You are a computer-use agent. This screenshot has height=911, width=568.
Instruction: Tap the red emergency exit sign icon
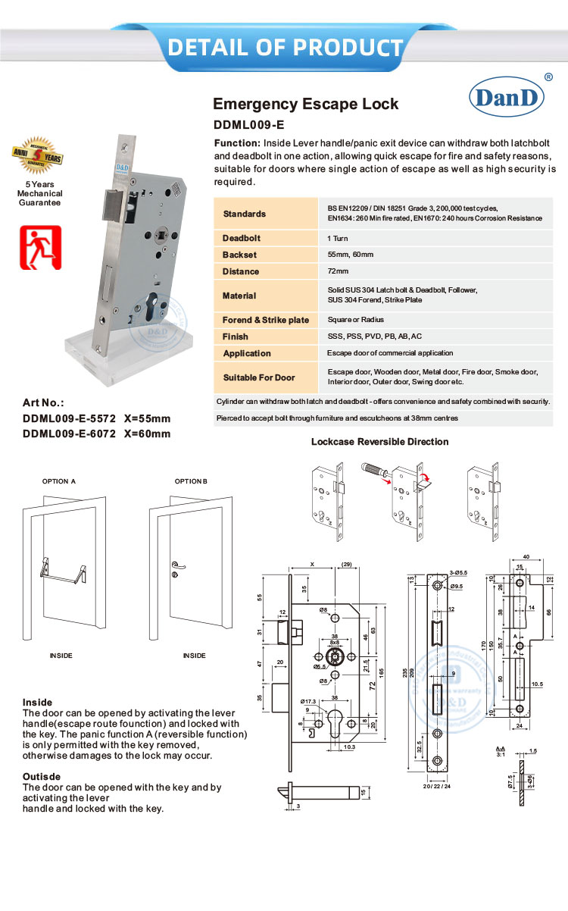40,247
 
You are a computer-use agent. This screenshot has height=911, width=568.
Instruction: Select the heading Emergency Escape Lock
305,104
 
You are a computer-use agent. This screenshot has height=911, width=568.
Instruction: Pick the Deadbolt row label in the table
242,238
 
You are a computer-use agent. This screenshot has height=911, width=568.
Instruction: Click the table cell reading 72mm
338,271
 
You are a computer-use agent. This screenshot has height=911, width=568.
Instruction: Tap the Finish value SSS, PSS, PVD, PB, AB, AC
374,337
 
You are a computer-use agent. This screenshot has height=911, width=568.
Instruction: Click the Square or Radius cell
356,320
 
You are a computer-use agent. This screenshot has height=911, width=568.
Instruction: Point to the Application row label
247,353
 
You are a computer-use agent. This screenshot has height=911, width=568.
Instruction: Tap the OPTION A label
59,481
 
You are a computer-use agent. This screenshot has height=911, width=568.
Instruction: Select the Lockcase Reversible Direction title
379,442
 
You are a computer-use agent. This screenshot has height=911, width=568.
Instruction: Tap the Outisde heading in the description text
42,777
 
